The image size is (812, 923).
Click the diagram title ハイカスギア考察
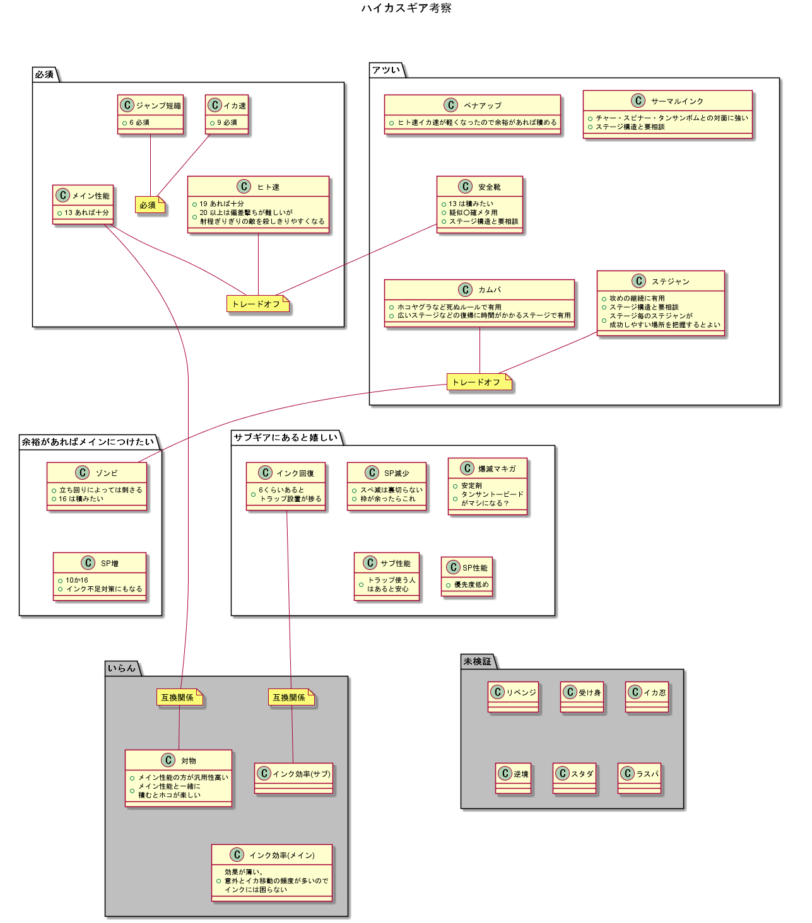(406, 8)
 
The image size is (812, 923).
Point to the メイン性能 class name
(90, 196)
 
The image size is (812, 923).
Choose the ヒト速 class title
(268, 187)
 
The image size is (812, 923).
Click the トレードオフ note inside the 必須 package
(256, 304)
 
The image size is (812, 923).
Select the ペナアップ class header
(482, 105)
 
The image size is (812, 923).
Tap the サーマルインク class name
(676, 101)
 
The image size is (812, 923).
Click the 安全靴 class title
(489, 187)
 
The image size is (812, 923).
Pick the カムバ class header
(489, 290)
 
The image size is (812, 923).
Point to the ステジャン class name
(670, 282)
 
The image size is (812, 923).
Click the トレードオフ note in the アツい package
(477, 382)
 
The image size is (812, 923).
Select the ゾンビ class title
(106, 473)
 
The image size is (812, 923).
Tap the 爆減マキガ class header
(497, 468)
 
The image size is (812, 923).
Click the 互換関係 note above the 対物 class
(178, 697)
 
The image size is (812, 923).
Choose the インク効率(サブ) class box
(293, 778)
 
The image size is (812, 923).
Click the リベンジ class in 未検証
(514, 697)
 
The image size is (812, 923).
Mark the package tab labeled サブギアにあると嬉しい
(286, 438)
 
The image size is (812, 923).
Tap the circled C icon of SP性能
(453, 567)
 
